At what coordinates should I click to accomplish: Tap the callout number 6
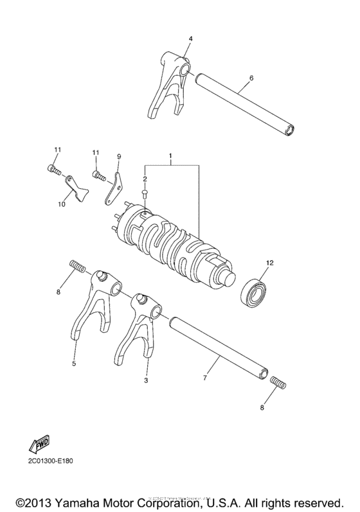[251, 78]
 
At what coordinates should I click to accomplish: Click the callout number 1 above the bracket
[171, 156]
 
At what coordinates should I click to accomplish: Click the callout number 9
[119, 156]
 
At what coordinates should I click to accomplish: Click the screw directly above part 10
[54, 170]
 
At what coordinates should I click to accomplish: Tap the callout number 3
[146, 381]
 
